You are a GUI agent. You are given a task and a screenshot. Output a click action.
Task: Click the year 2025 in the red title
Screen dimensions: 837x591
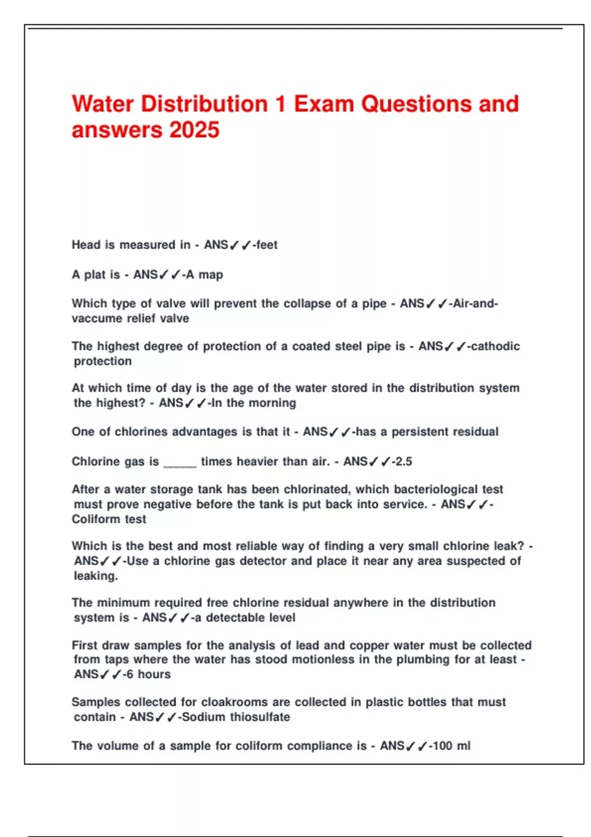tap(195, 130)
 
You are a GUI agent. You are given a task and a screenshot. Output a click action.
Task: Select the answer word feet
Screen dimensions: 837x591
tap(267, 245)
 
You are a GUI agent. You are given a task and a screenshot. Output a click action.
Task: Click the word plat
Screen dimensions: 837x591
tap(95, 275)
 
